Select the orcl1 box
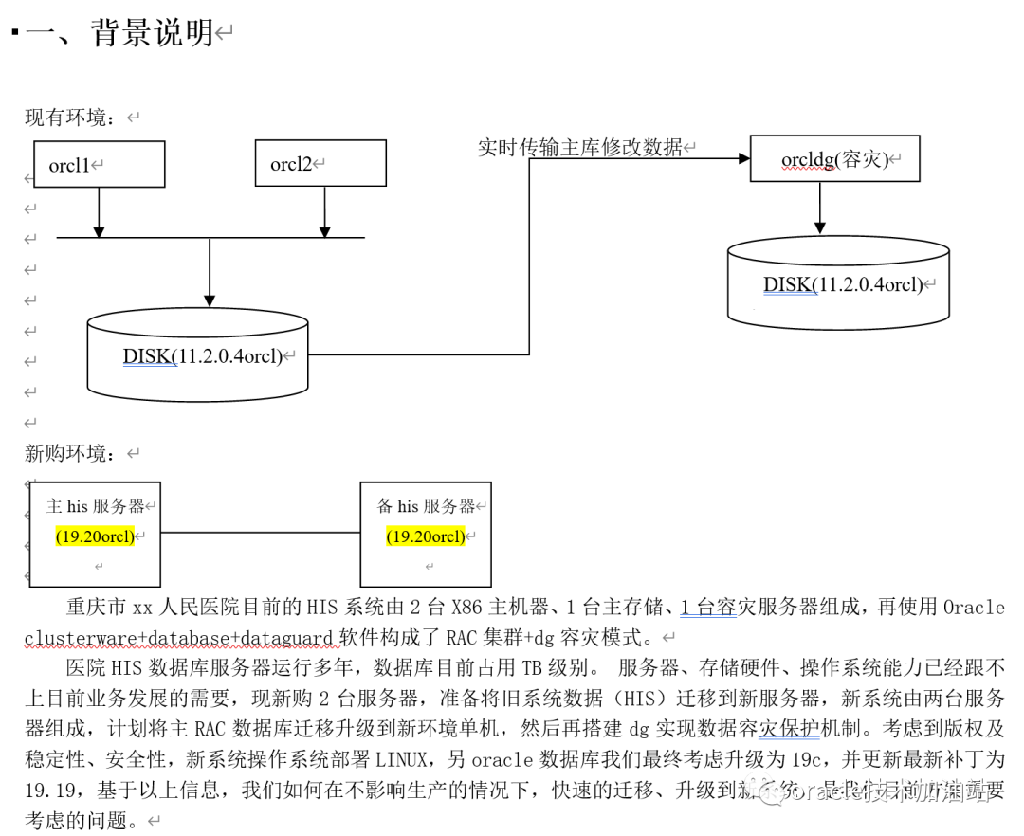(99, 164)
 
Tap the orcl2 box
(320, 164)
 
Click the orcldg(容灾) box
(834, 158)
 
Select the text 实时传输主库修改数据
(579, 147)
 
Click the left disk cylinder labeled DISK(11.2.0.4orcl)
(197, 356)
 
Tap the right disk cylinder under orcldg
(838, 283)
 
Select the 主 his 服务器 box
(94, 534)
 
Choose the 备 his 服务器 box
(425, 534)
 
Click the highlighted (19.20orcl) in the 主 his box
(94, 536)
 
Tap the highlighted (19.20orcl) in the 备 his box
(425, 536)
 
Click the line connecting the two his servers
(259, 533)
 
